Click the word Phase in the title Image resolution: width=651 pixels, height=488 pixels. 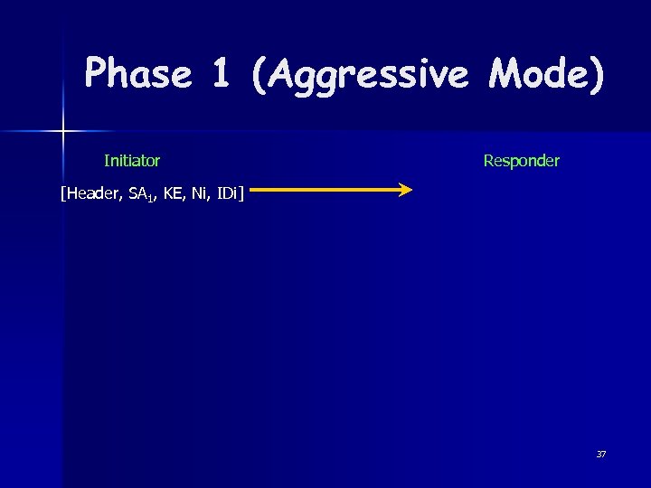pos(138,73)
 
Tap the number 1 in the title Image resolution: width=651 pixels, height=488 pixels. pos(222,73)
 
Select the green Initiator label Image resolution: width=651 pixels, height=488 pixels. pos(132,161)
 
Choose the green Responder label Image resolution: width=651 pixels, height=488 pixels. pos(521,161)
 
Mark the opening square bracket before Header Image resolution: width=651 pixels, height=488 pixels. pos(62,192)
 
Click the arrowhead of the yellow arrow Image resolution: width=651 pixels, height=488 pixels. pos(405,190)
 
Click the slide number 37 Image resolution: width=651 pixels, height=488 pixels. pos(600,454)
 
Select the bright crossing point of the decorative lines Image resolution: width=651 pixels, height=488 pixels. pos(63,132)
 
